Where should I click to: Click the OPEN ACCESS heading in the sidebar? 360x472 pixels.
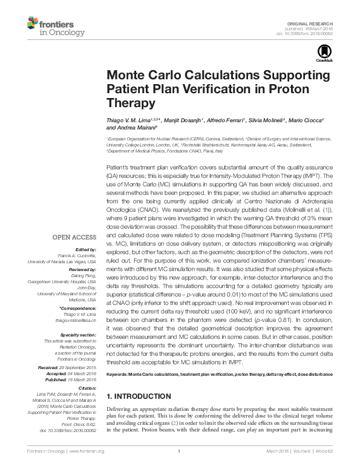(x=75, y=238)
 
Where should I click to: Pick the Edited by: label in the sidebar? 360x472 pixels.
(x=85, y=250)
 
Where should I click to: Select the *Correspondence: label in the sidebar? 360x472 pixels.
(x=80, y=309)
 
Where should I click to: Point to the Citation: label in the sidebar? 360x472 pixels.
(x=87, y=387)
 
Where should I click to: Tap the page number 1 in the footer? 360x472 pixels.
(x=180, y=451)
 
